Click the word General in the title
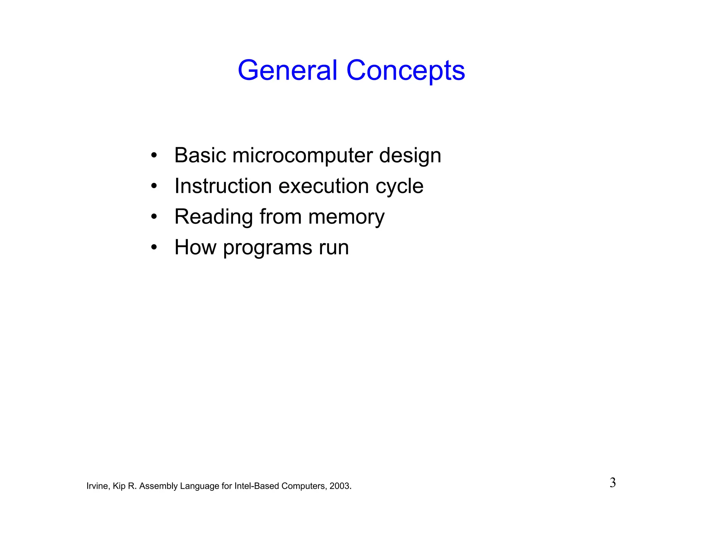[287, 70]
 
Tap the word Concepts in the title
[405, 70]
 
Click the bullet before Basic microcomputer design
[154, 155]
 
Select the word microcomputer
[302, 155]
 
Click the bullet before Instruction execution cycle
[154, 186]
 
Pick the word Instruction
[223, 186]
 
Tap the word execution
[323, 186]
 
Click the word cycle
[399, 186]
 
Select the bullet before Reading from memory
[154, 217]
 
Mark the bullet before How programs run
[154, 247]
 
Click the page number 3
[612, 483]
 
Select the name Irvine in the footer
[97, 486]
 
